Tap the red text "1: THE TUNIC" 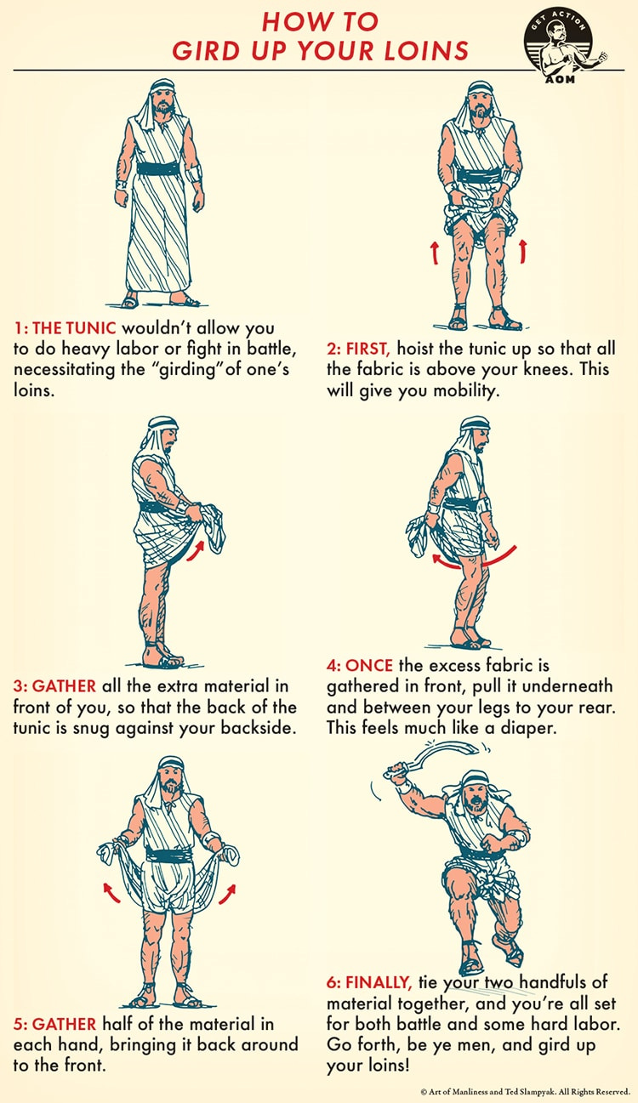tap(65, 327)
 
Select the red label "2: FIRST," tap(359, 348)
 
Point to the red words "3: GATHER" tap(54, 686)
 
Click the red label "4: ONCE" tap(360, 665)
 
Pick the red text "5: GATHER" tap(54, 1024)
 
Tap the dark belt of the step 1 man tap(158, 168)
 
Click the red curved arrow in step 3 tap(196, 550)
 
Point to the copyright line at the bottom tap(526, 1091)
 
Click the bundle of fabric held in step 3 tap(213, 527)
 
